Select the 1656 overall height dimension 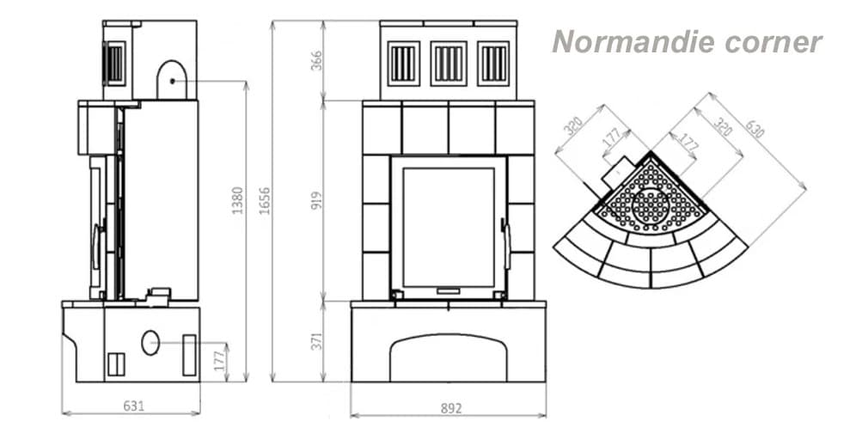pyautogui.click(x=265, y=200)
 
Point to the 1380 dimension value pyautogui.click(x=238, y=200)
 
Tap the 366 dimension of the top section pyautogui.click(x=316, y=61)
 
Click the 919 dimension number pyautogui.click(x=316, y=201)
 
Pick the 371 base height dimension pyautogui.click(x=316, y=340)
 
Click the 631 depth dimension pyautogui.click(x=134, y=406)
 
